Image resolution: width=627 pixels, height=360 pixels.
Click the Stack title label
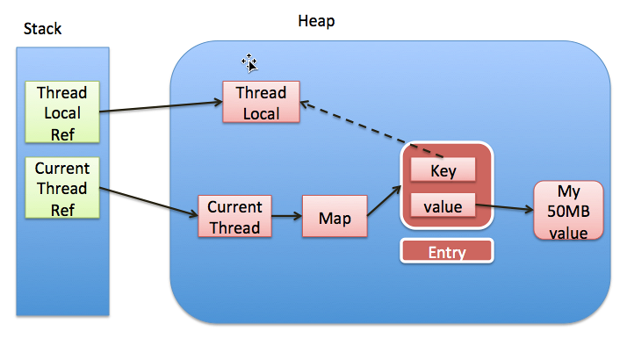[42, 29]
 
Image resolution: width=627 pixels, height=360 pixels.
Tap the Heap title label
[316, 21]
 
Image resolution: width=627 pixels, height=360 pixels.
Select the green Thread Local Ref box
[62, 112]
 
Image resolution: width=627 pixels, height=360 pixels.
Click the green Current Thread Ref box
[62, 188]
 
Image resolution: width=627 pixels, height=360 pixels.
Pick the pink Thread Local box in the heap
[261, 102]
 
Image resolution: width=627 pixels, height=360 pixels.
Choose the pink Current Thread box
[234, 216]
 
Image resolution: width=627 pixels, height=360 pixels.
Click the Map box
[335, 216]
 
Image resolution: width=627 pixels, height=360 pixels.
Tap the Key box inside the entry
[443, 169]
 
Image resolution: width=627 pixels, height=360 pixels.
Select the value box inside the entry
[443, 205]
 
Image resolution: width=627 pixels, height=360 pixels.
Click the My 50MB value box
[568, 211]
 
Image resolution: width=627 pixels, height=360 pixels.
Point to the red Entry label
[447, 251]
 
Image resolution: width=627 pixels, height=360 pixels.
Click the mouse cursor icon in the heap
[249, 63]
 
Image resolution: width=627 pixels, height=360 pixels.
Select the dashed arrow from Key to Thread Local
[371, 130]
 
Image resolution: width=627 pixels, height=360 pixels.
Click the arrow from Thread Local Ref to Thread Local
[162, 107]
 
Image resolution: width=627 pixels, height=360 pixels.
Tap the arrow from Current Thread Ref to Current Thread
[148, 202]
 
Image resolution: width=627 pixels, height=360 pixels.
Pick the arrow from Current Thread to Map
[286, 216]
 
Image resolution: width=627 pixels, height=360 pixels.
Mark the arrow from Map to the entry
[384, 201]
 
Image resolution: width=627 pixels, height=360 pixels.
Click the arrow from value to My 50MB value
[505, 207]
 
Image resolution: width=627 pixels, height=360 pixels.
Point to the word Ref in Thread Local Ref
[62, 134]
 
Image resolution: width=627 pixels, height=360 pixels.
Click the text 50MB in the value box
[568, 212]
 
